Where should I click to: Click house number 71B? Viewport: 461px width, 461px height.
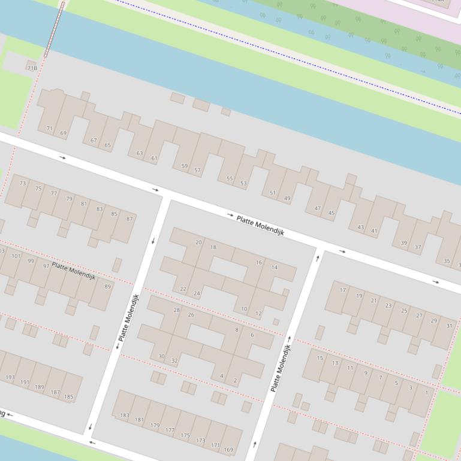[x=32, y=68]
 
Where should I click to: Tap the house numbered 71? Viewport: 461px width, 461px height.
[x=50, y=128]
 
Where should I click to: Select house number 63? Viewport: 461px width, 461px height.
[x=140, y=153]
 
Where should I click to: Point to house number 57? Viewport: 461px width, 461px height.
[x=197, y=170]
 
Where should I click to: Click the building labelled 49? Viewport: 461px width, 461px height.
[x=287, y=198]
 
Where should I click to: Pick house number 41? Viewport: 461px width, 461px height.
[x=374, y=230]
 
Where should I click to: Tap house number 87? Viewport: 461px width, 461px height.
[x=129, y=219]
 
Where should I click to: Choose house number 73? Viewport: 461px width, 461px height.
[x=23, y=183]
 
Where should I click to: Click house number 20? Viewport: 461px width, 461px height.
[x=198, y=242]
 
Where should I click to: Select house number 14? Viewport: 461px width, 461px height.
[x=275, y=267]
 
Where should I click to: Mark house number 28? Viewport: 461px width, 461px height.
[x=176, y=310]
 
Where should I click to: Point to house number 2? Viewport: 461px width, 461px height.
[x=235, y=380]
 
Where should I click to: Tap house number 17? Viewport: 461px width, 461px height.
[x=343, y=290]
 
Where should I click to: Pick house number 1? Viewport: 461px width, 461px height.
[x=427, y=393]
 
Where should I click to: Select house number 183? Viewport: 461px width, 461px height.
[x=124, y=415]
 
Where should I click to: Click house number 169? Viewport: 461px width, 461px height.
[x=228, y=449]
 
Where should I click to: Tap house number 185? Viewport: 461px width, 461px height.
[x=69, y=396]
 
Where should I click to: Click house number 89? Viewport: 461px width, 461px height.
[x=108, y=287]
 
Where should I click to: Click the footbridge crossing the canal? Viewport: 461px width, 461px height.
[x=53, y=29]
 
